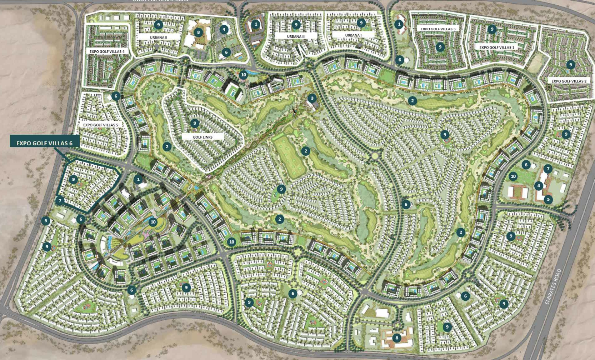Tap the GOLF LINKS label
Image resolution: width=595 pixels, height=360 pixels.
coord(202,137)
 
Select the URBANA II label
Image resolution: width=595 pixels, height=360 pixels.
coord(158,37)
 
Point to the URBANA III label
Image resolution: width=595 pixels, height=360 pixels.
coord(296,36)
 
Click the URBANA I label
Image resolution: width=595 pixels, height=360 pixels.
coord(353,35)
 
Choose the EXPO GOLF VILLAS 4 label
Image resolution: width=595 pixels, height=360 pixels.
coord(107,51)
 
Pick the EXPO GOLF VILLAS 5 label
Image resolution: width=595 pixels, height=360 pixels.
coord(100,125)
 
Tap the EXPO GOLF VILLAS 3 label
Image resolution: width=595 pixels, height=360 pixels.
coord(438,29)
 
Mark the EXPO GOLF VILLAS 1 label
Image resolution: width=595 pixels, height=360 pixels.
coord(496,47)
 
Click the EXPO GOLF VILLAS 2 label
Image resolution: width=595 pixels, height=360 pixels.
coord(569,81)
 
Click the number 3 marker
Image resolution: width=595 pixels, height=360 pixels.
coord(312,98)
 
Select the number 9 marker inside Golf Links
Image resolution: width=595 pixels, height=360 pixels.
coord(194,123)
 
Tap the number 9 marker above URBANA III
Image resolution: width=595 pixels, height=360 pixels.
coord(296,25)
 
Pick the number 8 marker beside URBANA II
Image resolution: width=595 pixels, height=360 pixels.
coord(199,32)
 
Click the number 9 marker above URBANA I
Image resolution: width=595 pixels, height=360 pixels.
coord(361,23)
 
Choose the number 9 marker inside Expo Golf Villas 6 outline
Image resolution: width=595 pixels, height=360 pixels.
coord(73,179)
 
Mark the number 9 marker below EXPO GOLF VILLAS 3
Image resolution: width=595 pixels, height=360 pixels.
coord(440,47)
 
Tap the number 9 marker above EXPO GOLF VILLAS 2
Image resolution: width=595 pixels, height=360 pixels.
coord(570,65)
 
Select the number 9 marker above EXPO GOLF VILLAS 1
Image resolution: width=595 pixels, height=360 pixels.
coord(492,29)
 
